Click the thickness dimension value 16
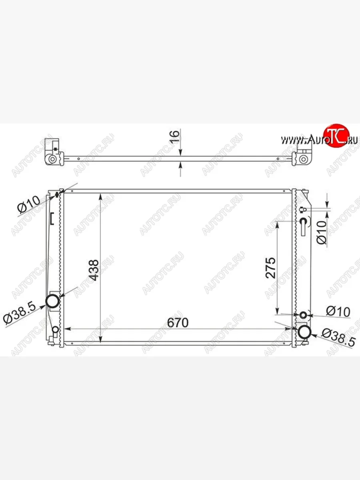[175, 137]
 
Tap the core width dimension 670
[178, 322]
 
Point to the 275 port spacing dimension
[271, 268]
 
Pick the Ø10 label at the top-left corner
[29, 204]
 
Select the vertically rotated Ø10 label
[322, 232]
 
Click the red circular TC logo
[336, 136]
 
